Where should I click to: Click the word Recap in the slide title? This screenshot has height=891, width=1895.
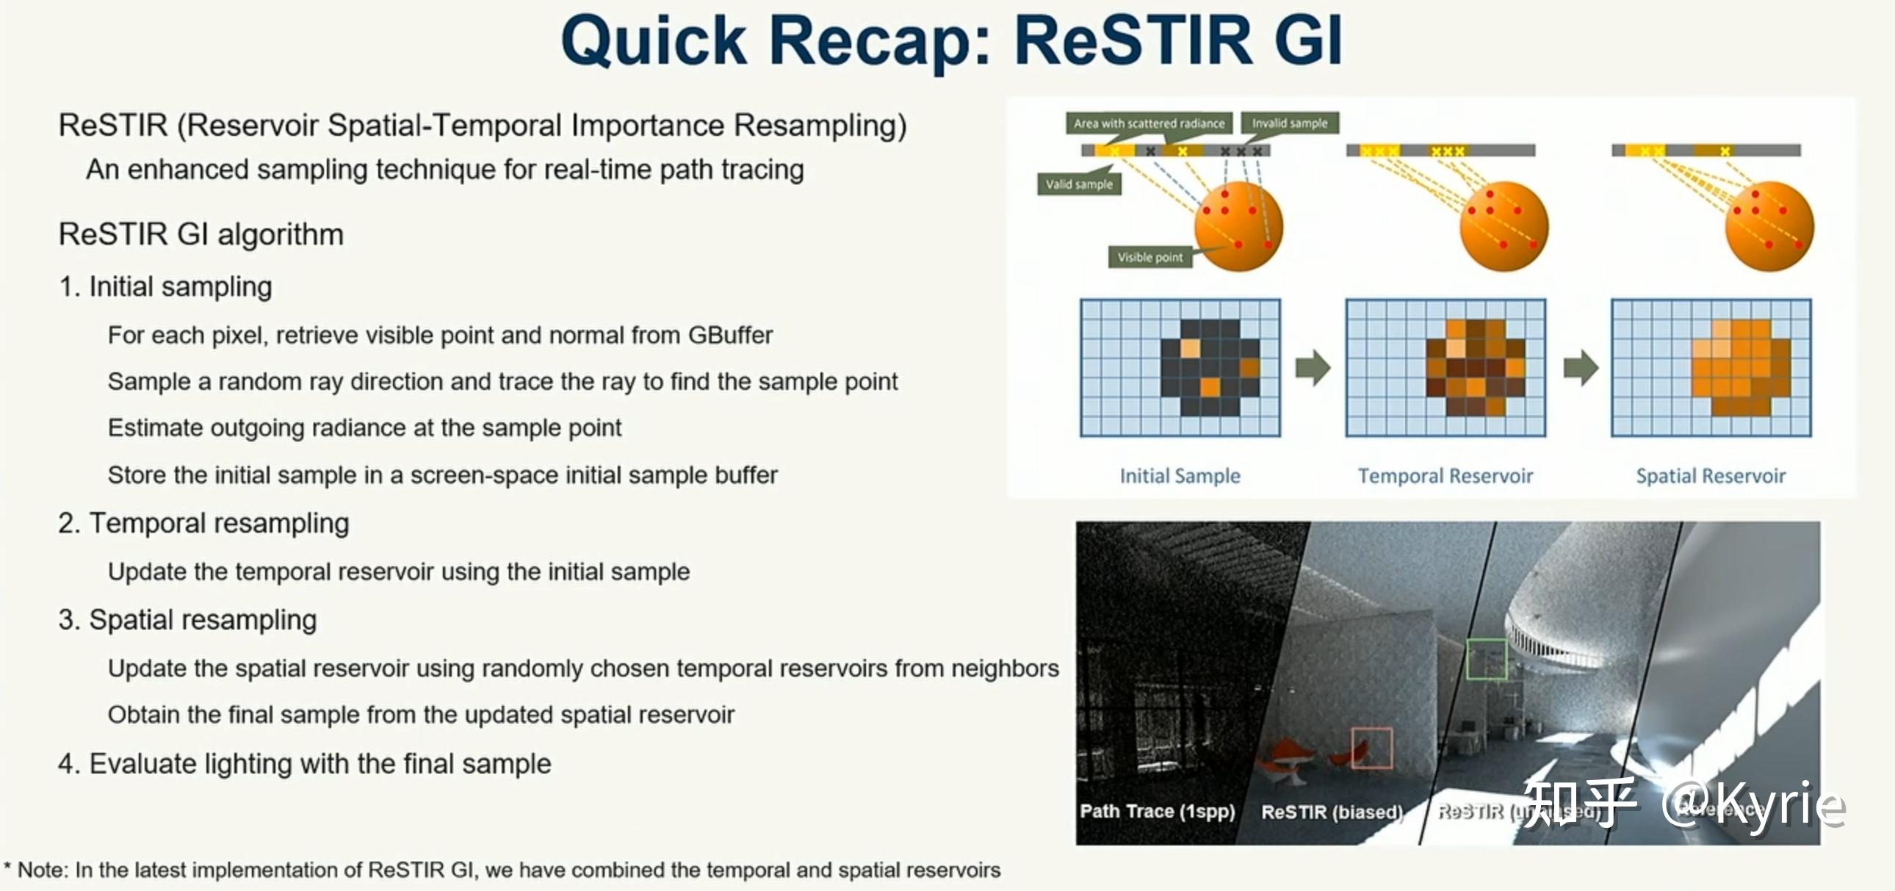[870, 42]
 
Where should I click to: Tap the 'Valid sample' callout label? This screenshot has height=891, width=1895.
[1079, 184]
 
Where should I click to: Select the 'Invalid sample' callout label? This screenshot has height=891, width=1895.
[1290, 123]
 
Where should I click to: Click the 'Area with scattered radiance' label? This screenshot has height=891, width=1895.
[1148, 123]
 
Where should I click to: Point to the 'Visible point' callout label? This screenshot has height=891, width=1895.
[1149, 257]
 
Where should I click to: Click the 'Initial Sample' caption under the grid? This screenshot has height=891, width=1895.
[1180, 476]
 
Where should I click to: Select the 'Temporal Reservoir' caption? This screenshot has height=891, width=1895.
[1445, 476]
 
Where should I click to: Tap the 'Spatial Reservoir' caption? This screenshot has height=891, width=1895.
[1711, 476]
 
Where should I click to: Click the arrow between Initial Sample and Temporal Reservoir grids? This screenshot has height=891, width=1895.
[1313, 367]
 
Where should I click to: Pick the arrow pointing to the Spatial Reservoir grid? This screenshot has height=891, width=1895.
[1580, 367]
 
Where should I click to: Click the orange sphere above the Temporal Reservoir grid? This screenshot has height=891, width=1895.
[1504, 226]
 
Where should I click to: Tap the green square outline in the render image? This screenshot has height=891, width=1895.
[1486, 658]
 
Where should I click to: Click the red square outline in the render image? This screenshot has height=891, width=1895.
[1372, 748]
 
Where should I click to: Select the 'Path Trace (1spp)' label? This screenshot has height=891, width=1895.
[1156, 811]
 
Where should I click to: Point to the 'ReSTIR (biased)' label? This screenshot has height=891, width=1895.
[1332, 812]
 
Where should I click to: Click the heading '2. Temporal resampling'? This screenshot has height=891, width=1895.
[203, 523]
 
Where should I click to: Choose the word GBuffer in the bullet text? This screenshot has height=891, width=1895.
[730, 336]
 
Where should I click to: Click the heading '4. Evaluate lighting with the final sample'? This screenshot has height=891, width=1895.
[305, 764]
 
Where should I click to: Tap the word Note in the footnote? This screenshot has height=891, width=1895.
[41, 870]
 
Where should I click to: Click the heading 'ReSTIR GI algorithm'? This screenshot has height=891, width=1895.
[201, 234]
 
